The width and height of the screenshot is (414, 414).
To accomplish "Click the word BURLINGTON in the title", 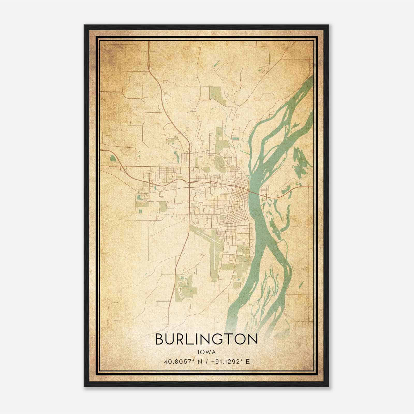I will (206, 340).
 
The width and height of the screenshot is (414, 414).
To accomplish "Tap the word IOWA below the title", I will (206, 352).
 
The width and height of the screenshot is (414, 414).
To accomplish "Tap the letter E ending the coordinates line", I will (248, 361).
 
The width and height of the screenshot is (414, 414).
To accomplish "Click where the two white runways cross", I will (214, 241).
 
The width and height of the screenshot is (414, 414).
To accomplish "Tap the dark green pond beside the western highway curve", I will (113, 158).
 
